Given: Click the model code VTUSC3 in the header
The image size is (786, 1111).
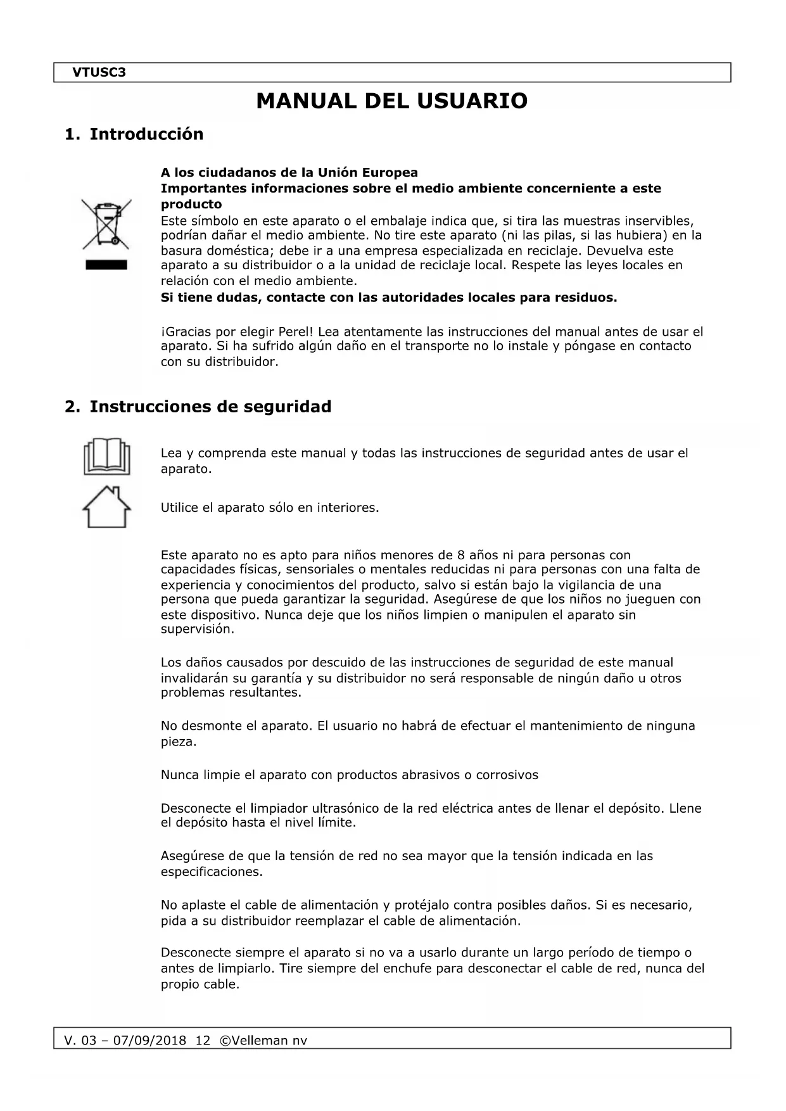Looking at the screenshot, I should (x=99, y=72).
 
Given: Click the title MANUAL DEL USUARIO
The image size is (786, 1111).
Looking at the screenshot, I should (x=391, y=101).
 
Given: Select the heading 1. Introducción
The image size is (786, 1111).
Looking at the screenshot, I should (x=134, y=134).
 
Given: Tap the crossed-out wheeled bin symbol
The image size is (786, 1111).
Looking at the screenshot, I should (x=106, y=224).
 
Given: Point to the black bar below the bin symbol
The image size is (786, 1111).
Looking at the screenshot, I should (x=106, y=265).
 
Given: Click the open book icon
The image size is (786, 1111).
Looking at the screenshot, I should (x=106, y=457).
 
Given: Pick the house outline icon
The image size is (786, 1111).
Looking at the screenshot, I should (x=106, y=507).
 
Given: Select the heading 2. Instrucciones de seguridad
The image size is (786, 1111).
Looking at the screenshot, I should (x=198, y=407).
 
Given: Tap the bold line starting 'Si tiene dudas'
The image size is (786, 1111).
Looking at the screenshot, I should (x=388, y=298).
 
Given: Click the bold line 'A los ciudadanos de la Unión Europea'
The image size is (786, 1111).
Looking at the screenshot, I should (x=289, y=173).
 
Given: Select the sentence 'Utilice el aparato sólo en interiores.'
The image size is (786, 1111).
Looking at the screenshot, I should (x=269, y=508).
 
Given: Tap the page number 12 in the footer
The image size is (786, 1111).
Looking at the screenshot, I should (x=203, y=1041).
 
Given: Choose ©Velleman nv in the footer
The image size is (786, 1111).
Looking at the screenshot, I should (x=262, y=1041).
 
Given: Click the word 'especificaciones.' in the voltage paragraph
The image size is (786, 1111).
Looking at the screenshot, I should (x=212, y=872).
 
